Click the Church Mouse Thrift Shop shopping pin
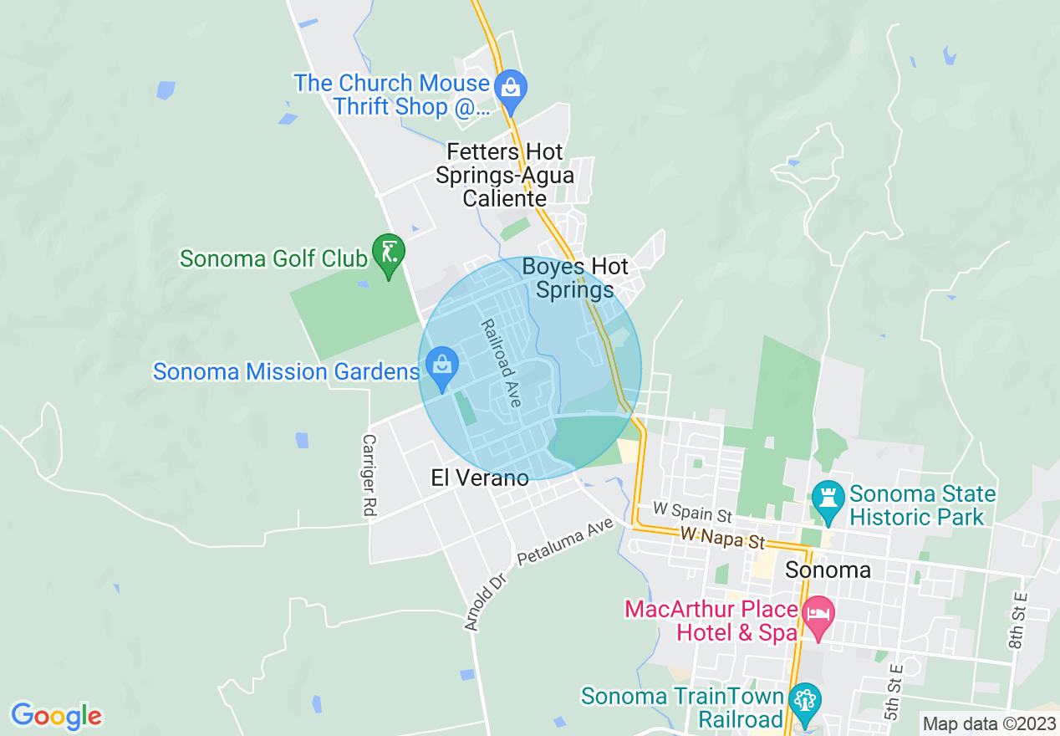509,87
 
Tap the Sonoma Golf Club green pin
389,252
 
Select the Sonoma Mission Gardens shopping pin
441,365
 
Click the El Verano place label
480,478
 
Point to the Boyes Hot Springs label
575,279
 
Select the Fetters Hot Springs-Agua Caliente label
504,176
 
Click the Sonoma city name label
828,570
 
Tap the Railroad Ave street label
501,363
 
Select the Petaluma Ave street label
565,541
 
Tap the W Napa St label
723,538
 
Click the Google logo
57,716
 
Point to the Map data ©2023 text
987,723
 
